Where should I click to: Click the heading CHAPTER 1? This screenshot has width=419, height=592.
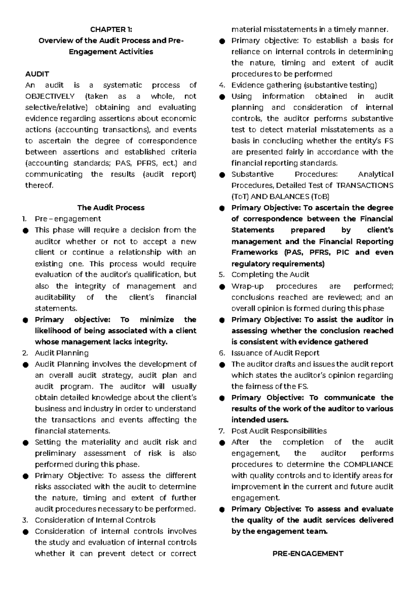111,29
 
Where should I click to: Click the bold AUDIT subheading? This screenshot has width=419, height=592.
37,74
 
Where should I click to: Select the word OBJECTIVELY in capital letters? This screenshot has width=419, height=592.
50,96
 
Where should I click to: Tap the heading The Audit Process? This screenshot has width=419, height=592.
111,208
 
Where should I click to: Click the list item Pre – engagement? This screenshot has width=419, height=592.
68,219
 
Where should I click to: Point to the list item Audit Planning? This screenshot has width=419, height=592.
61,353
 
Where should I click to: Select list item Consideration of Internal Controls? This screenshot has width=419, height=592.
95,520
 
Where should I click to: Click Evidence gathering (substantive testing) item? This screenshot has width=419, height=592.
304,85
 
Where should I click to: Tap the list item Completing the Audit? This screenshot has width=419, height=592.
270,275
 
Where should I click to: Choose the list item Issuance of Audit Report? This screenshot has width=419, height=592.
275,353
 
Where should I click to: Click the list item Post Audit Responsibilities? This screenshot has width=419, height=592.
279,431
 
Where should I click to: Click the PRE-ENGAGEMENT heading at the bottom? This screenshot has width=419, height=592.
308,554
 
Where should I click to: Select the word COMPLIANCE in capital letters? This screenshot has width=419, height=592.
368,465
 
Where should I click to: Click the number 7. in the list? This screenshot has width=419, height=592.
221,431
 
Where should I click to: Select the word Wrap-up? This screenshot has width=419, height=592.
247,286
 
